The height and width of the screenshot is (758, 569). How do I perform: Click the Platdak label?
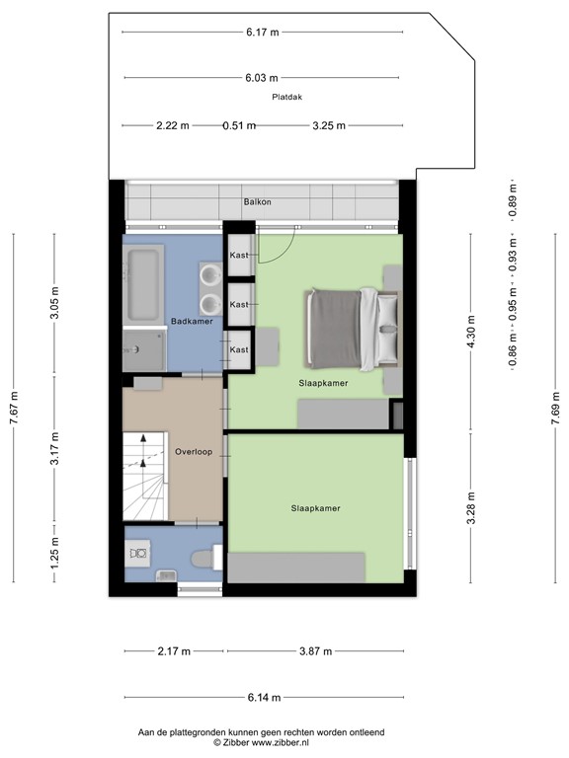(284, 97)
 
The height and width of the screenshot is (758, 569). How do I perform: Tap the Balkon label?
(258, 202)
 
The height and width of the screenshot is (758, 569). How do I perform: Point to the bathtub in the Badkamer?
(144, 284)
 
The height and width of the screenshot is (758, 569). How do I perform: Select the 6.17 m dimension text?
(263, 32)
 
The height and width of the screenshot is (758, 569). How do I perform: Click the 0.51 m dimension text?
(239, 125)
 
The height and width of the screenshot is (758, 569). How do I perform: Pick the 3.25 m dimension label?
(328, 125)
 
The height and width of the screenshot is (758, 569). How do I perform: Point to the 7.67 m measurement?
(14, 408)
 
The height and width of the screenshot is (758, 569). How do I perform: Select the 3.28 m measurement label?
(471, 508)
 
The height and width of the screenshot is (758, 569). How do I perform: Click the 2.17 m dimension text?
(173, 651)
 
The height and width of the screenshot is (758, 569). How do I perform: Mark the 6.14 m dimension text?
(263, 698)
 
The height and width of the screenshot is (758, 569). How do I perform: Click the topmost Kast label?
(238, 256)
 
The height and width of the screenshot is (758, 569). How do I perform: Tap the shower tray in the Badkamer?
(144, 345)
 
